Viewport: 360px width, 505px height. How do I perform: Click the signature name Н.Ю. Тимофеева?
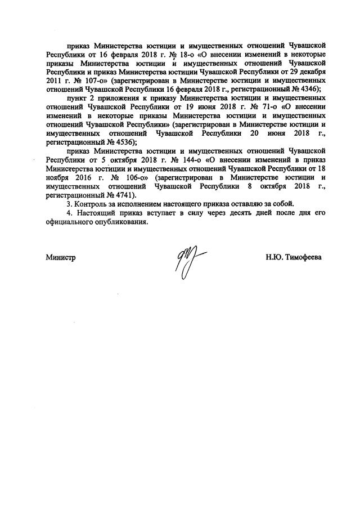tap(294, 257)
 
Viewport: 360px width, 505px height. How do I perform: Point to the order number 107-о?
tap(93, 81)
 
